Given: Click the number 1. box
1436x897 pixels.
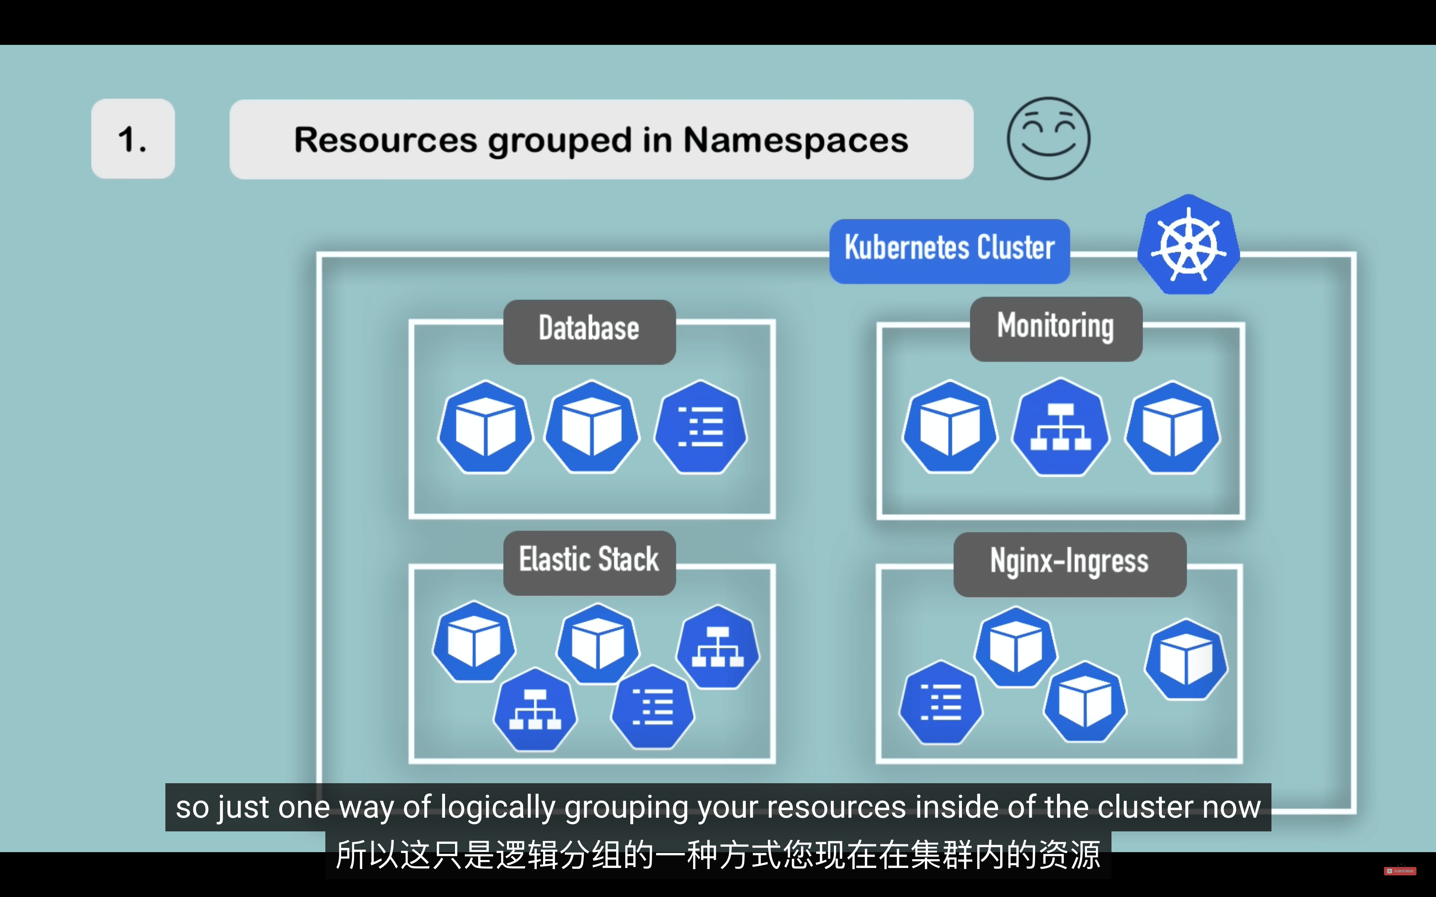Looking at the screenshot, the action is tap(133, 139).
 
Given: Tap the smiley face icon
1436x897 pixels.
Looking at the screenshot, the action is tap(1048, 138).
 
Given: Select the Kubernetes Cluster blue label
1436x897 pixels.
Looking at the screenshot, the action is tap(949, 251).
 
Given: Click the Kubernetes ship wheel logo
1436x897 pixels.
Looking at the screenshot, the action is tap(1188, 245).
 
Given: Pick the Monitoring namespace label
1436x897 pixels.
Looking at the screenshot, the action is tap(1056, 328).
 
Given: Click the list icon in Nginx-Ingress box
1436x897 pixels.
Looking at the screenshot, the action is tap(941, 702).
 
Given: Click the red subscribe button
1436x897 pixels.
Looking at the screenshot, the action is tap(1400, 871).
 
